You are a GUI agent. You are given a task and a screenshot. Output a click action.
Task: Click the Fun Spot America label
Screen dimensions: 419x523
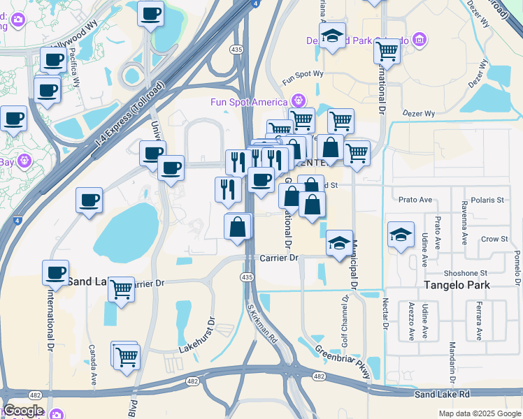pos(249,102)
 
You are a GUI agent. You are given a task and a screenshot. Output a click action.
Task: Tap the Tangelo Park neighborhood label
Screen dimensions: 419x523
pos(457,285)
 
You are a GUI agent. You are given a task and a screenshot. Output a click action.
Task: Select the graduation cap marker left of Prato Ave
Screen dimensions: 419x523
pos(401,235)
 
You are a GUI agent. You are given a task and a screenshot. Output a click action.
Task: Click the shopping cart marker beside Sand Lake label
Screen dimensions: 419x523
pos(122,288)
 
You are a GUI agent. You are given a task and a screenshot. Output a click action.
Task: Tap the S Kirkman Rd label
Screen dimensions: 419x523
pos(262,321)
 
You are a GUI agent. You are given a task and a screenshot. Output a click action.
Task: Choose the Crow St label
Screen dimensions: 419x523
pos(494,239)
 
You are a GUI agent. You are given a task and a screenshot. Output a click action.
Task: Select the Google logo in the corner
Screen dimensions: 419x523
pos(23,411)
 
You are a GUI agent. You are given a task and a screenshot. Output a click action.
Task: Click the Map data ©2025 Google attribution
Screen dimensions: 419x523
pos(479,413)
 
